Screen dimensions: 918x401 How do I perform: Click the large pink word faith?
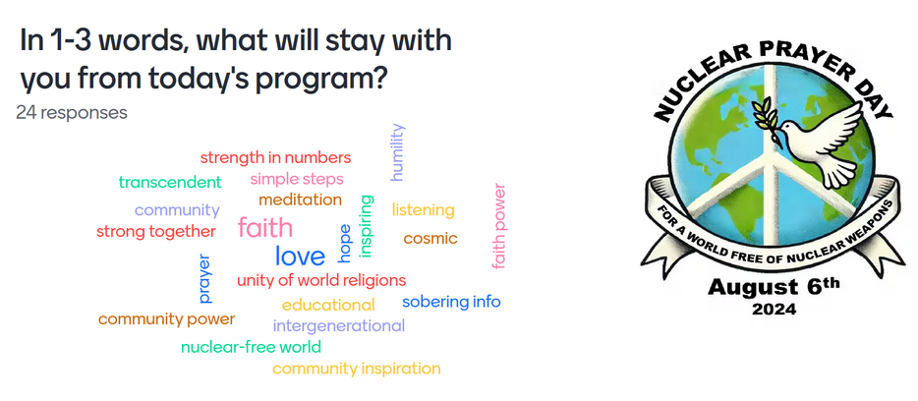(265, 228)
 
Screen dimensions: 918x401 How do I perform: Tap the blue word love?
(300, 256)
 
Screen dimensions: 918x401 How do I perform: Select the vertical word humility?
(397, 152)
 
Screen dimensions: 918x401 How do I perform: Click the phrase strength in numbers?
(276, 158)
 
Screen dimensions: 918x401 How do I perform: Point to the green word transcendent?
(170, 182)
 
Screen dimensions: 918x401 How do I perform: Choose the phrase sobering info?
(451, 302)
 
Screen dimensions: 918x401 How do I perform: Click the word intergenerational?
(339, 325)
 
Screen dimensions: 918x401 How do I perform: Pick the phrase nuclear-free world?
(252, 347)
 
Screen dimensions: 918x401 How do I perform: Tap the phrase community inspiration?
(357, 369)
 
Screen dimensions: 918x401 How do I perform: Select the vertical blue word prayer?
(204, 279)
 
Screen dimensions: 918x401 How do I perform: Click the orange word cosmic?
(430, 239)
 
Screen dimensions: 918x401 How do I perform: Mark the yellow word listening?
(424, 210)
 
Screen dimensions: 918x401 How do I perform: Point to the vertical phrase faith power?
(498, 227)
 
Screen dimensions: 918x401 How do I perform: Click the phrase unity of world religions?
(321, 280)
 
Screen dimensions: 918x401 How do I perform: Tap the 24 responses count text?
(72, 112)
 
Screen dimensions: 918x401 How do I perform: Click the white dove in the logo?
(821, 144)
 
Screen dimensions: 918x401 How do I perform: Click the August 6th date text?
(774, 287)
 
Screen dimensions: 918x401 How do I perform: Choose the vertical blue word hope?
(344, 244)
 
